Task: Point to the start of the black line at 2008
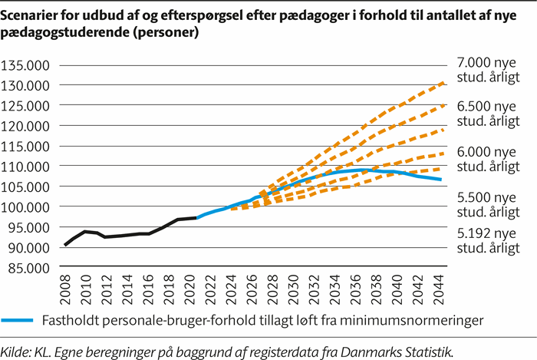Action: (66, 245)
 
